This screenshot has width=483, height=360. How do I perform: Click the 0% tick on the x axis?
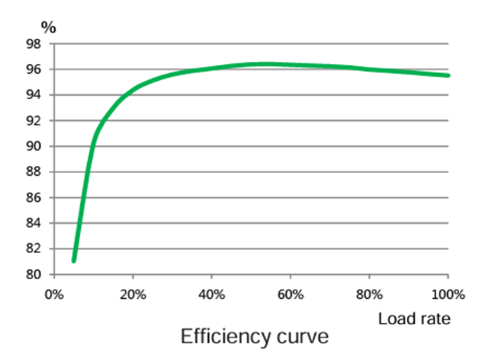54,292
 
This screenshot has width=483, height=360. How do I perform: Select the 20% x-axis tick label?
134,292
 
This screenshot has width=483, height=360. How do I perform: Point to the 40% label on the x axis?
212,292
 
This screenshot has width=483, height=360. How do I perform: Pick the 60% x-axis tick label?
290,292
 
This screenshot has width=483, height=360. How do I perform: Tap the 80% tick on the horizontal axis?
369,292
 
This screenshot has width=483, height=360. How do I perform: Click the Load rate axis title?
414,319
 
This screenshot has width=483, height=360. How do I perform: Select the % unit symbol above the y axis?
48,27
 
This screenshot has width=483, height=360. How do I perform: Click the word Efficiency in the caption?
224,337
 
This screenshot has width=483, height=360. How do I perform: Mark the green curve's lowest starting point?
74,260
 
